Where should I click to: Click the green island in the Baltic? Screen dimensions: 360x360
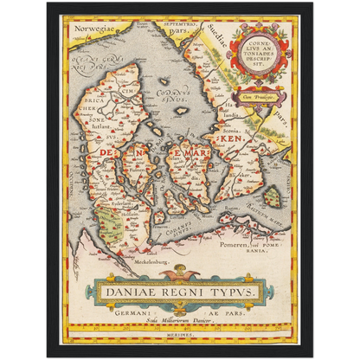[273, 198]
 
